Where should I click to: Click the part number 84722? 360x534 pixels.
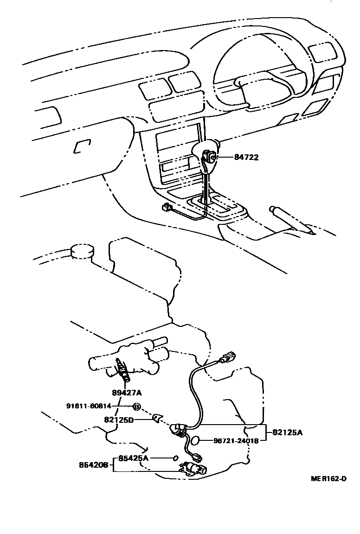click(246, 158)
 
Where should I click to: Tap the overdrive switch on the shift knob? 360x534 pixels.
click(210, 157)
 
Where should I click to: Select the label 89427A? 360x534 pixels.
click(126, 393)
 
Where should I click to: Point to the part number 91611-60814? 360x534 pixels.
click(89, 407)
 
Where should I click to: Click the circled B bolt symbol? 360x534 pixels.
click(137, 407)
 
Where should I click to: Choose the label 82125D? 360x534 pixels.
click(118, 420)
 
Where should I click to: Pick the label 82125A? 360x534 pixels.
click(287, 432)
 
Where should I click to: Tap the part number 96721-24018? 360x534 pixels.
click(236, 441)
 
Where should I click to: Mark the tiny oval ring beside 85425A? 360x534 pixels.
click(175, 458)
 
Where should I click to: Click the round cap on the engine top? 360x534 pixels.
click(82, 251)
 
